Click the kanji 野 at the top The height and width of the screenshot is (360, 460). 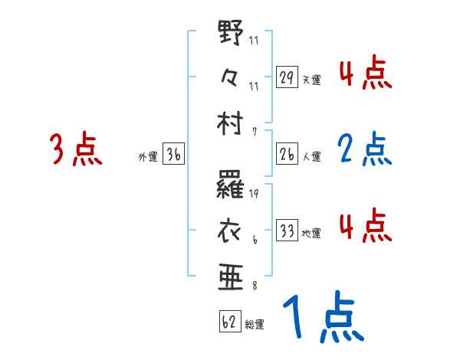point(231,35)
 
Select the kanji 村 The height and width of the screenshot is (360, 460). point(231,122)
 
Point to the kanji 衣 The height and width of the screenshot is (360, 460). point(231,229)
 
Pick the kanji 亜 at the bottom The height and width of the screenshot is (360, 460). point(231,275)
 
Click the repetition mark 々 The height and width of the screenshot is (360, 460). point(231,77)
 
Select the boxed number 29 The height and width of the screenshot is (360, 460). point(287,78)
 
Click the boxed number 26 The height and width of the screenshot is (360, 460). point(287,155)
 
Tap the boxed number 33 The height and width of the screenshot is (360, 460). point(287,231)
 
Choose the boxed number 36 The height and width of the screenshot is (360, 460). point(173,155)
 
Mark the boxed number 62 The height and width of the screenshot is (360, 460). point(230,322)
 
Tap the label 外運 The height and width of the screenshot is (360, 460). point(148,157)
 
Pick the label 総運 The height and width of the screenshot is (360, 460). point(255,325)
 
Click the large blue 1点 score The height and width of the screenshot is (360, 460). point(321,319)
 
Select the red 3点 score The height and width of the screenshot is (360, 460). point(75,149)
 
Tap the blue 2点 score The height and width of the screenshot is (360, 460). point(365,149)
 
